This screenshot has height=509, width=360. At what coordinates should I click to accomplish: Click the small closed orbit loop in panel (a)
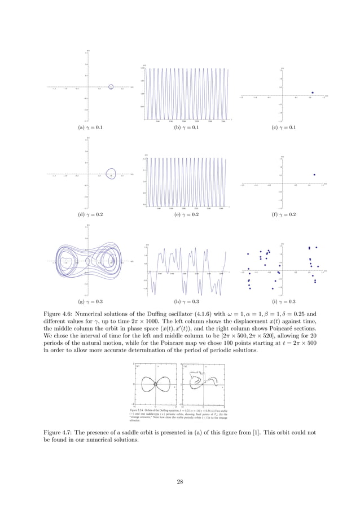[111, 87]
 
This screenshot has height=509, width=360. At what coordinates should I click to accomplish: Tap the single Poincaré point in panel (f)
[314, 174]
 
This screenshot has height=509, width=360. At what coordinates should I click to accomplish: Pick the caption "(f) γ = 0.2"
[284, 215]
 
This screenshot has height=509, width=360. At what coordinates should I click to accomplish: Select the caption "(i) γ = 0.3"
[284, 302]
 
